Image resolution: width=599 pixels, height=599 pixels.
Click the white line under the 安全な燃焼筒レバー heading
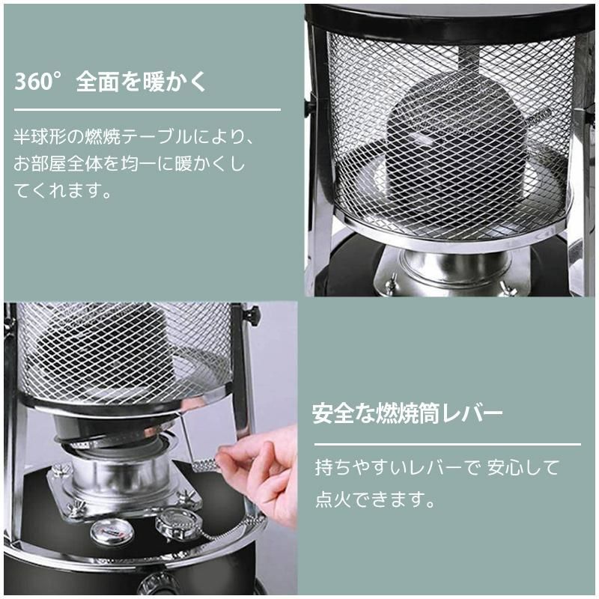point(446,444)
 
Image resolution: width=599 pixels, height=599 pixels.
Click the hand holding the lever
point(258,468)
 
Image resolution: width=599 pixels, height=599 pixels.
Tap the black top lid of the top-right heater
point(449,16)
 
